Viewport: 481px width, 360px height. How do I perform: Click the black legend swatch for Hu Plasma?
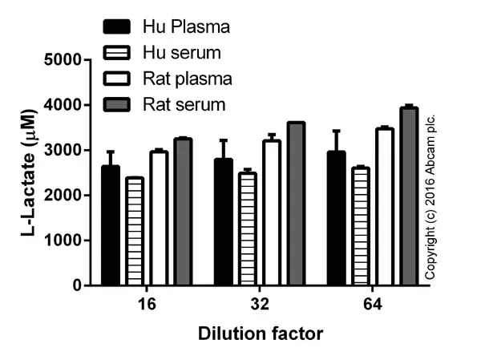point(118,27)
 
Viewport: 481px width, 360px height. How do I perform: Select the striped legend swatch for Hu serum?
point(118,53)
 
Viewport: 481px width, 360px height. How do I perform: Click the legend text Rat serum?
point(184,104)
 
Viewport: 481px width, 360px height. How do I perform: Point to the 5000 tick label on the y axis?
point(70,60)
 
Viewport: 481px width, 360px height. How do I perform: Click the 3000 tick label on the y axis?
point(70,150)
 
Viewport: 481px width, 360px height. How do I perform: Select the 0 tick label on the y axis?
point(83,285)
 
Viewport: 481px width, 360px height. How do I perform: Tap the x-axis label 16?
point(147,305)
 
